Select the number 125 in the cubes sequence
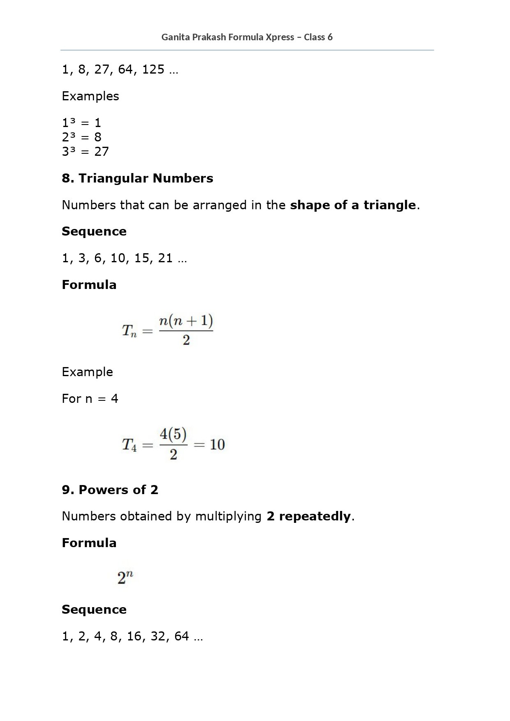[x=153, y=69]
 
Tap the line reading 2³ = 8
[x=81, y=137]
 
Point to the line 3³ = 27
[x=85, y=151]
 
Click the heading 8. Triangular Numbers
[x=137, y=178]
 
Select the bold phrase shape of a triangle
[x=353, y=205]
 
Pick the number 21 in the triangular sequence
[x=165, y=258]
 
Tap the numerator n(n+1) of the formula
[x=186, y=321]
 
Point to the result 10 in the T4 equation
[x=217, y=444]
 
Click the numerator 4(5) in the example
[x=173, y=434]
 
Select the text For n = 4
[x=90, y=398]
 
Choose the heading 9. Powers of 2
[x=110, y=490]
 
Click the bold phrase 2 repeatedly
[x=309, y=516]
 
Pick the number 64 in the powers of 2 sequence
[x=182, y=636]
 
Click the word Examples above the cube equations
[x=90, y=96]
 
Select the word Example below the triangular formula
[x=87, y=372]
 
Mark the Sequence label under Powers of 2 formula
[x=94, y=609]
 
